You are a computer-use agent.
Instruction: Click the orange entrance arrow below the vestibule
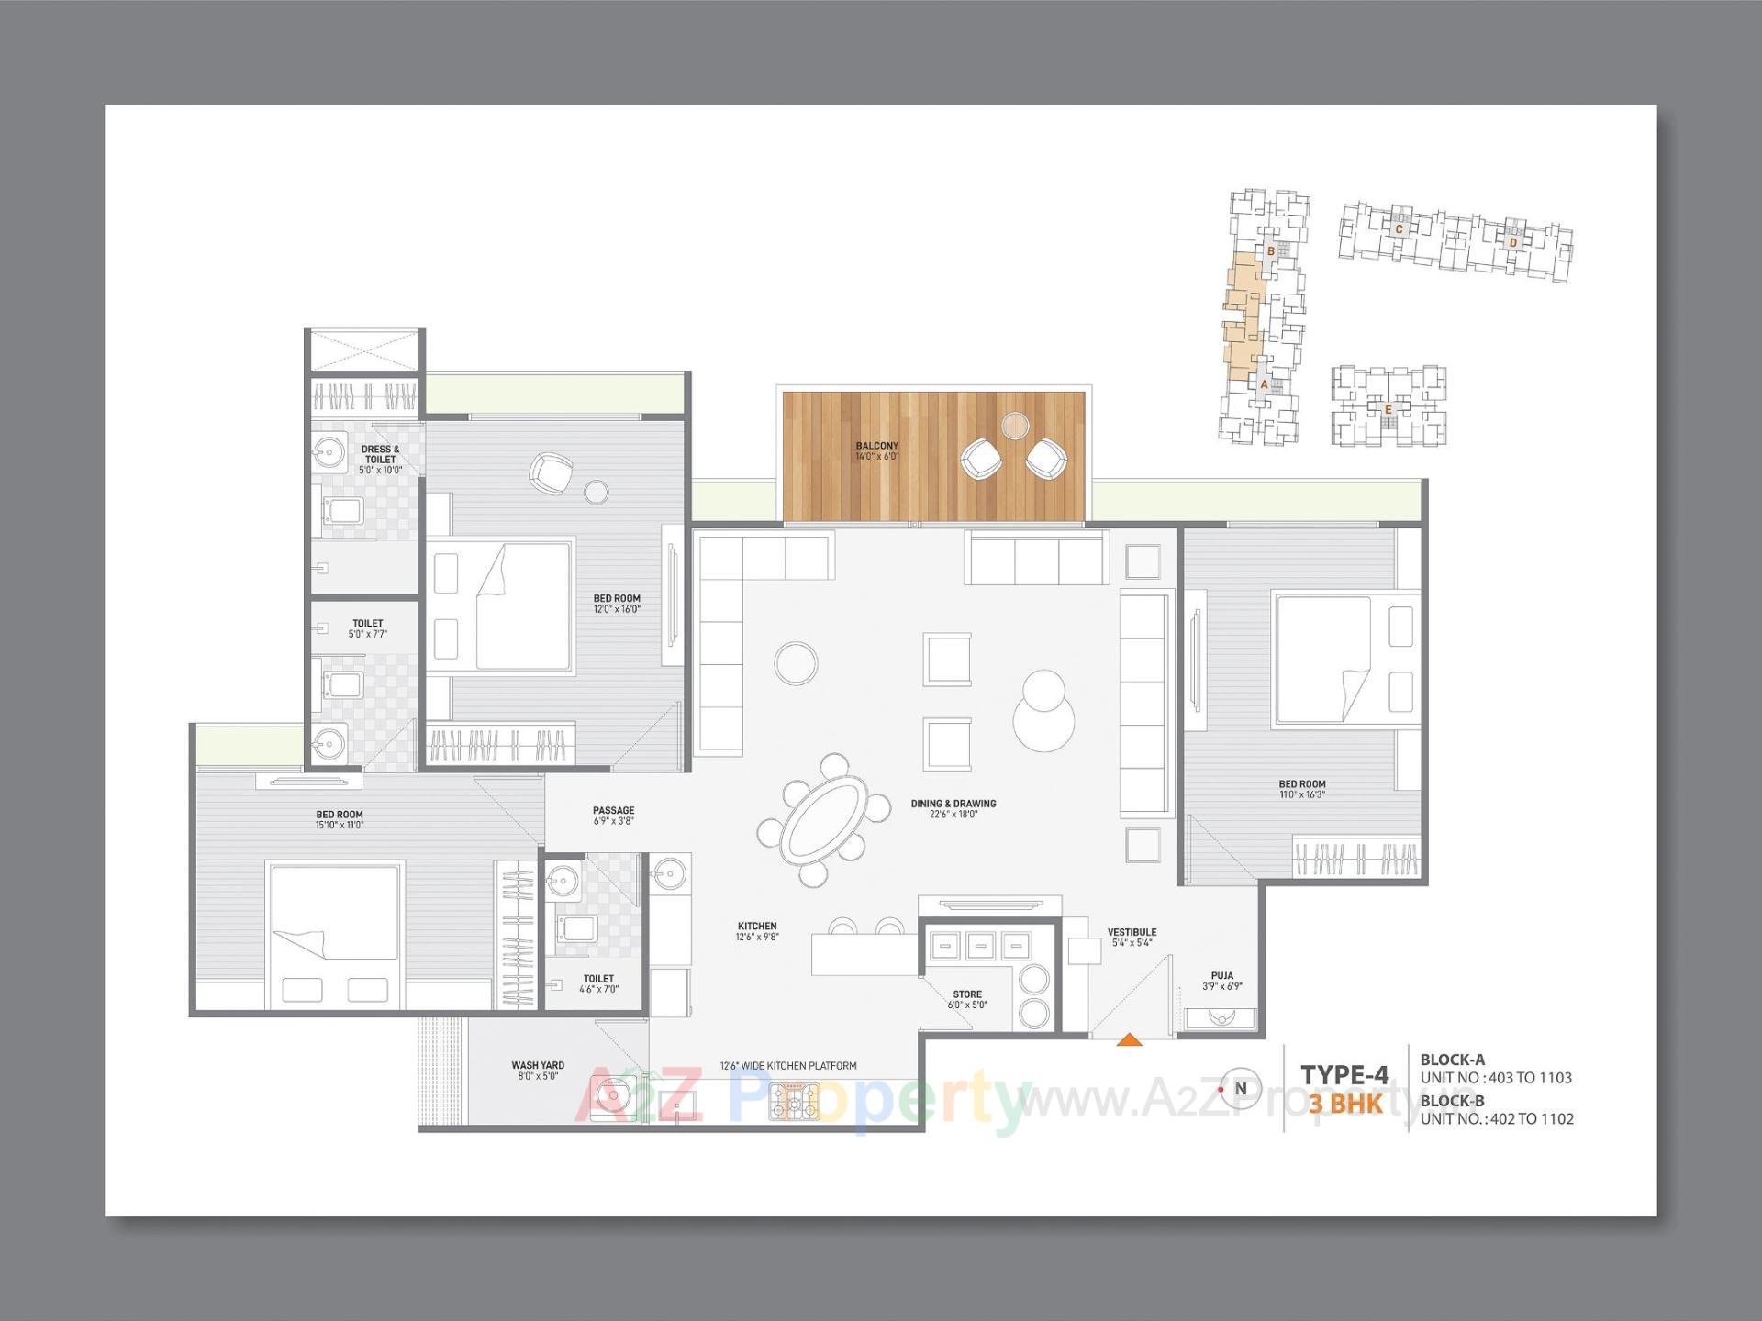(1130, 1039)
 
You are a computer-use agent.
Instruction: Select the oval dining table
(821, 819)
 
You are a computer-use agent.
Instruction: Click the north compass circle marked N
(1241, 1089)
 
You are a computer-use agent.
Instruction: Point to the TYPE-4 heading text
(1344, 1074)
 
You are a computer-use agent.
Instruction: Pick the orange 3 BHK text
(1344, 1104)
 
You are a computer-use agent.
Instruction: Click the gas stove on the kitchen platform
(794, 1101)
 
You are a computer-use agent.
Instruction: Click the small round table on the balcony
(1015, 425)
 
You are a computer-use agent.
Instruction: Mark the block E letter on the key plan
(1388, 409)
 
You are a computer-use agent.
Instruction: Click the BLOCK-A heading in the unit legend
(1452, 1060)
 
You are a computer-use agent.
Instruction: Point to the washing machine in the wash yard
(612, 1096)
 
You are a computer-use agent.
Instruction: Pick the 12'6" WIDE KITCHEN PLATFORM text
(788, 1066)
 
